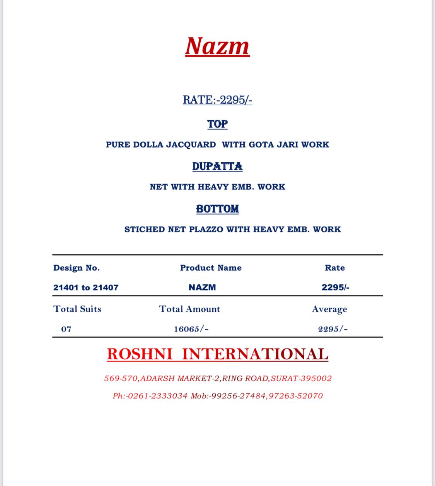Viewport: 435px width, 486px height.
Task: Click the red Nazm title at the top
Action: tap(217, 46)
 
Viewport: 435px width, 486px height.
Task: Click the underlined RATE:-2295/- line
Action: tap(217, 100)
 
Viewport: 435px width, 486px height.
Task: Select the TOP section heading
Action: tap(217, 124)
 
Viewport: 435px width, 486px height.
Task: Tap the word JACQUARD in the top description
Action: tap(191, 144)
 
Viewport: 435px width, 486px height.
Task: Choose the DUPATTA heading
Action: tap(217, 167)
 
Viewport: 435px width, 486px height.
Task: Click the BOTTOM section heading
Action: tap(217, 209)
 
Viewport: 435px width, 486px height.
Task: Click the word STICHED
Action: tap(145, 229)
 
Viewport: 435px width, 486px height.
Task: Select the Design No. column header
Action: tap(77, 268)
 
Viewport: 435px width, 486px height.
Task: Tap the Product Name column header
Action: tap(211, 268)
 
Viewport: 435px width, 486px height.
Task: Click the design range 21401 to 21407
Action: tap(86, 288)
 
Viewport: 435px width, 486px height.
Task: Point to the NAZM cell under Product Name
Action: tap(202, 288)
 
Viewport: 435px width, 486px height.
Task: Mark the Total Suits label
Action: tap(77, 309)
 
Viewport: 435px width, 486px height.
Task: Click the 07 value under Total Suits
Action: tap(66, 329)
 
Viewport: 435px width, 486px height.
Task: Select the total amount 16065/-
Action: tap(191, 329)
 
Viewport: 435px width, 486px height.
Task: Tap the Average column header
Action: tap(329, 309)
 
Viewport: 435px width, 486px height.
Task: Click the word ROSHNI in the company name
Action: tap(140, 354)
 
